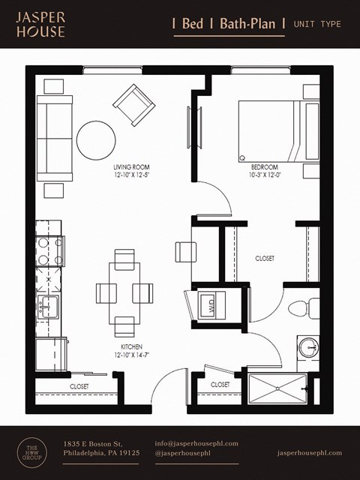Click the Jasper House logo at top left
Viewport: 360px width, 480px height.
click(41, 24)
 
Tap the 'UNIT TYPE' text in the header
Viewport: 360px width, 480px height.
click(317, 24)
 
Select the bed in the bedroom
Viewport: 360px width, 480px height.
click(271, 130)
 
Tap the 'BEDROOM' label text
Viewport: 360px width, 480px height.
click(265, 166)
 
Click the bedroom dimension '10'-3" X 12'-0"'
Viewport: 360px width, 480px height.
click(265, 175)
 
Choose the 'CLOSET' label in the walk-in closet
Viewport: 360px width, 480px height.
click(265, 258)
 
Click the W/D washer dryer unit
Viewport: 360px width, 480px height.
click(210, 306)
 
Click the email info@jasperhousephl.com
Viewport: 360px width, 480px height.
click(196, 443)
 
